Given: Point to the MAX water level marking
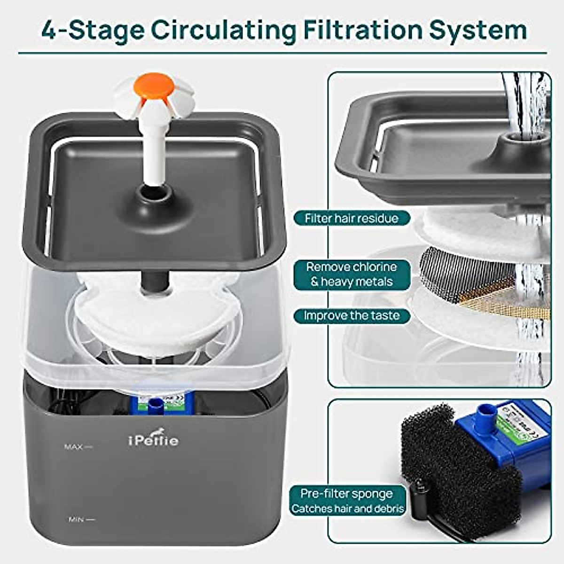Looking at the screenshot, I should point(78,446).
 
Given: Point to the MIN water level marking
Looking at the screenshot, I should point(81,519).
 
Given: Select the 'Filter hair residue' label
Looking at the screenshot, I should point(352,219).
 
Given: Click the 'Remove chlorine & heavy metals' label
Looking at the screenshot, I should point(352,274).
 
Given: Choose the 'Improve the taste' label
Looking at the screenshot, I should point(352,315).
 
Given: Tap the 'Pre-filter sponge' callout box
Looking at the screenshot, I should point(347,501).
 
